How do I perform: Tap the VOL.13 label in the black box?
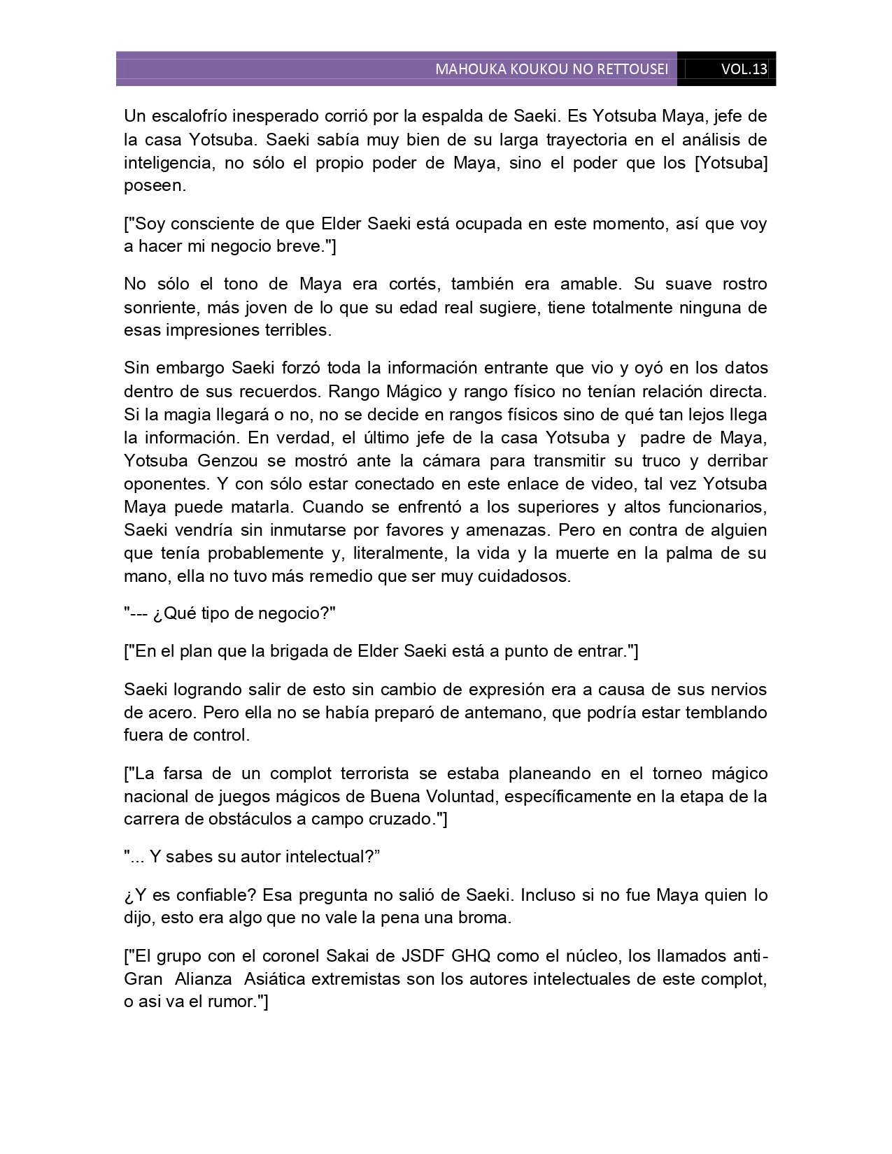[744, 69]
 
